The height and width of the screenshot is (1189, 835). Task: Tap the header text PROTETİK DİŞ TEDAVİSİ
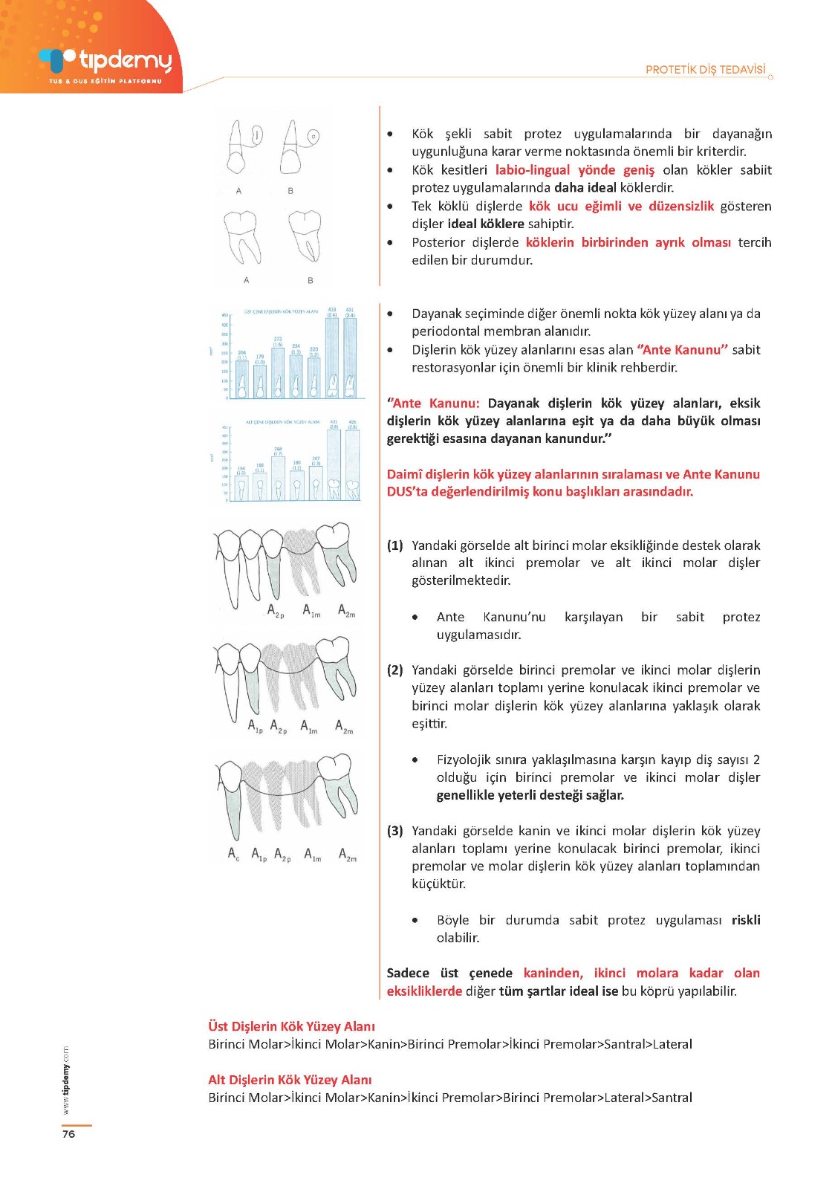pyautogui.click(x=705, y=70)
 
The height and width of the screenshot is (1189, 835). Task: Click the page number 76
pyautogui.click(x=68, y=1134)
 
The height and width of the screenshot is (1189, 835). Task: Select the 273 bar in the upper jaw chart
pyautogui.click(x=278, y=372)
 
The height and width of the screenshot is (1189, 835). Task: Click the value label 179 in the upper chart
pyautogui.click(x=260, y=357)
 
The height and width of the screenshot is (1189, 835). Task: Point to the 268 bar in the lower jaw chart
pyautogui.click(x=278, y=477)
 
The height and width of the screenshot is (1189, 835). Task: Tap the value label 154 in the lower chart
pyautogui.click(x=241, y=470)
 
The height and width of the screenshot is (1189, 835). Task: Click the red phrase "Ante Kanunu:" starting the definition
pyautogui.click(x=434, y=404)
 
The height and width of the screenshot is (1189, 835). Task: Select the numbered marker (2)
pyautogui.click(x=394, y=670)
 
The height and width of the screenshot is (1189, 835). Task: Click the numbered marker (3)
pyautogui.click(x=394, y=831)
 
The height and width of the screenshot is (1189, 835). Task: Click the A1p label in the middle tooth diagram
pyautogui.click(x=255, y=726)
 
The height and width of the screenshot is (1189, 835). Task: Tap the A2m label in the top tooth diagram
pyautogui.click(x=346, y=611)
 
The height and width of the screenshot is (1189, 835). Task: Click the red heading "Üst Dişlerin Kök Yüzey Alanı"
pyautogui.click(x=291, y=1026)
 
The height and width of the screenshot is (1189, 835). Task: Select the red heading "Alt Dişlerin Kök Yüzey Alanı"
pyautogui.click(x=290, y=1080)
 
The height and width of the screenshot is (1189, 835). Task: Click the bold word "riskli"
pyautogui.click(x=746, y=920)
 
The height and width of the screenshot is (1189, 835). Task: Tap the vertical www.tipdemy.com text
pyautogui.click(x=65, y=1081)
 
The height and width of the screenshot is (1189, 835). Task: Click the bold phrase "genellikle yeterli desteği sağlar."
pyautogui.click(x=530, y=795)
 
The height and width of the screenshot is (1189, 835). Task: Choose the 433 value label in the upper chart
pyautogui.click(x=332, y=311)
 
